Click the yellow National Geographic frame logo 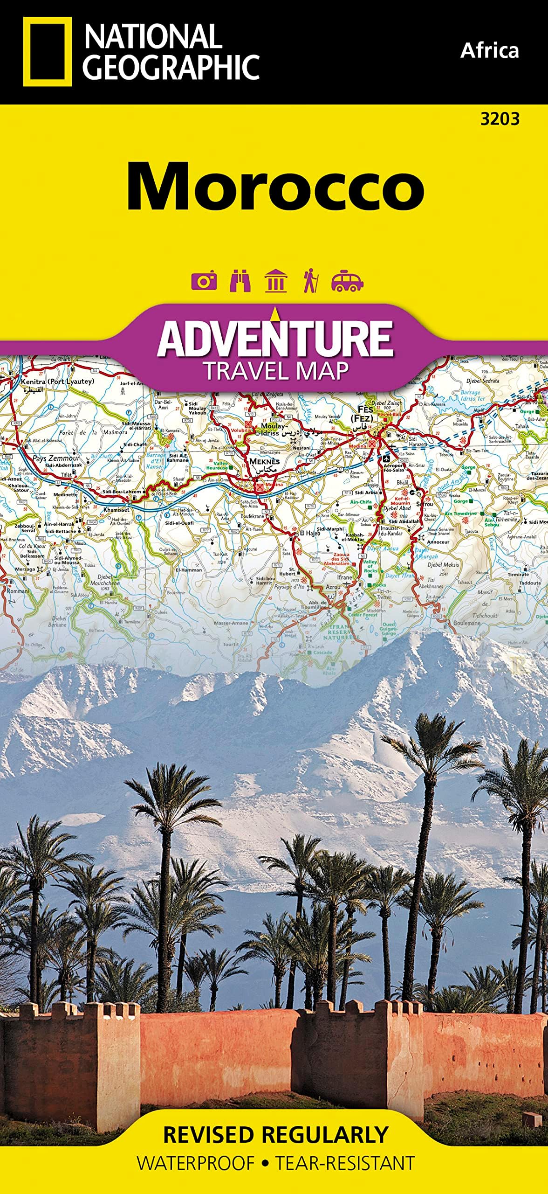tap(47, 52)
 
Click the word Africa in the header tap(489, 50)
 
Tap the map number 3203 tap(500, 119)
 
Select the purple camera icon tap(204, 281)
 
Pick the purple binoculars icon tap(240, 281)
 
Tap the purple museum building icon tap(275, 281)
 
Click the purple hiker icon tap(310, 281)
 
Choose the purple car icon tap(347, 281)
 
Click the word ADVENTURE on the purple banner tap(275, 339)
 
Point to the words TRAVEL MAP tap(275, 371)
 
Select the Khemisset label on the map tap(116, 510)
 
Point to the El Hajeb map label tap(309, 533)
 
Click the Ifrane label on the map tap(345, 577)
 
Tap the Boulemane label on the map tap(466, 623)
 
